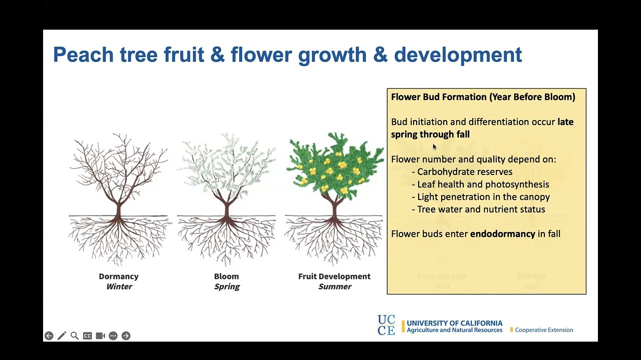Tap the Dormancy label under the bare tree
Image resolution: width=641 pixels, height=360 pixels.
pos(119,276)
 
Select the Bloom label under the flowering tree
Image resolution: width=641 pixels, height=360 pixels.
pos(226,276)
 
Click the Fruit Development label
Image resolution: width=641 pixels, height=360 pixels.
pos(334,276)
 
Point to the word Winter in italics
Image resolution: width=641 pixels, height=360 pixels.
pos(119,287)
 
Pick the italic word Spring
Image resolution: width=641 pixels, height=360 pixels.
pos(227,287)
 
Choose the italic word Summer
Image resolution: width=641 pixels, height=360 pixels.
pos(335,287)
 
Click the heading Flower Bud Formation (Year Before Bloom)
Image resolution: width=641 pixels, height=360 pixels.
pos(483,97)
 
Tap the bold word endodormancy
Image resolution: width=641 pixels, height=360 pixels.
pos(502,234)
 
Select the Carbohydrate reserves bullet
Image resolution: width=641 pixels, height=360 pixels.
pos(464,172)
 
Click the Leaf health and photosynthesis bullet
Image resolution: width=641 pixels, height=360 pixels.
pos(483,184)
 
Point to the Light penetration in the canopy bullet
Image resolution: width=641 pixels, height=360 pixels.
pos(483,197)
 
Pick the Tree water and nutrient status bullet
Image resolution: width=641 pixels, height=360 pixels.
pos(481,209)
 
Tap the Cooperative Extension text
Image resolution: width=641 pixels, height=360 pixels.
pos(544,330)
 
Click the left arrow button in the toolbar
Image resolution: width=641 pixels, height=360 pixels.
pos(49,336)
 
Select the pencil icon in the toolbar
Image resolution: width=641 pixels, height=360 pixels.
pos(62,336)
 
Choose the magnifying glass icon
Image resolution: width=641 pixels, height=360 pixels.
pos(75,336)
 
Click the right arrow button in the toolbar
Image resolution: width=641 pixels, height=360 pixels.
pos(126,336)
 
